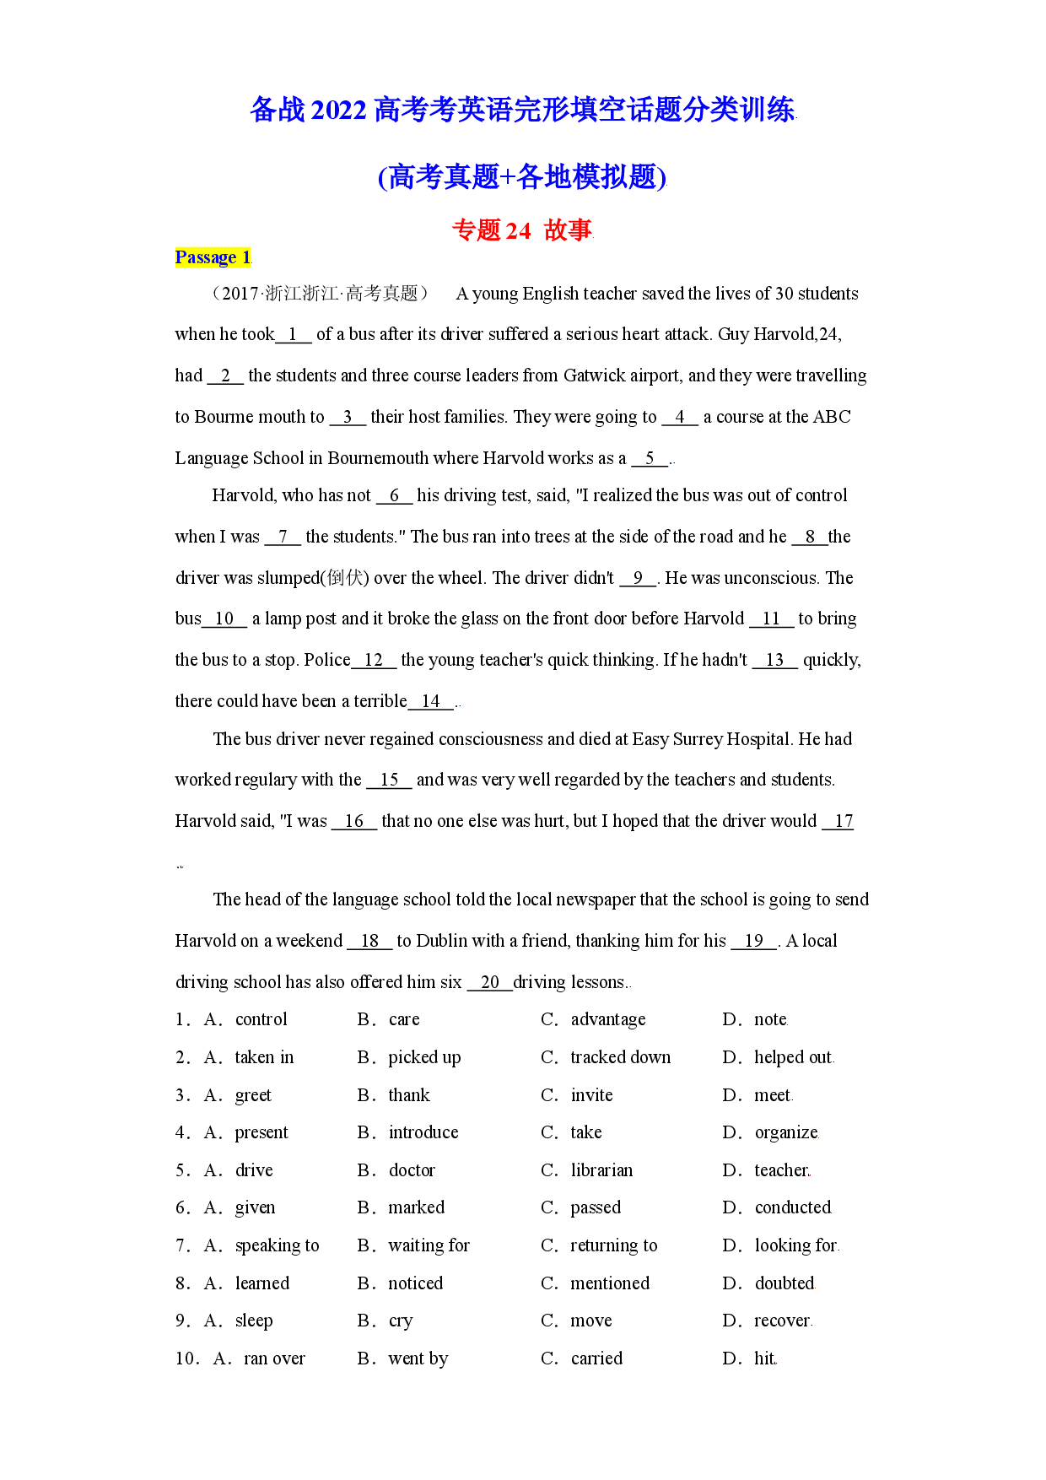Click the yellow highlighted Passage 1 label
click(213, 257)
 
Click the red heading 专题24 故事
click(522, 230)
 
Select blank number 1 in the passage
click(294, 335)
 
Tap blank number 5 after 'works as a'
click(650, 458)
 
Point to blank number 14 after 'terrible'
click(431, 701)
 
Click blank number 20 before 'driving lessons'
click(490, 982)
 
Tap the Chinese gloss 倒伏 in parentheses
click(346, 578)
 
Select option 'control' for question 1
click(261, 1019)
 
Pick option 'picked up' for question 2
click(424, 1058)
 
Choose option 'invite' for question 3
click(591, 1095)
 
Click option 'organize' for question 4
click(786, 1133)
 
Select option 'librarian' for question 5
click(601, 1170)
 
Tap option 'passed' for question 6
click(596, 1208)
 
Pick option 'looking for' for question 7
click(795, 1245)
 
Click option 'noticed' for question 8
click(415, 1283)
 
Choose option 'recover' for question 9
click(782, 1321)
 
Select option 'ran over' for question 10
click(274, 1358)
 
